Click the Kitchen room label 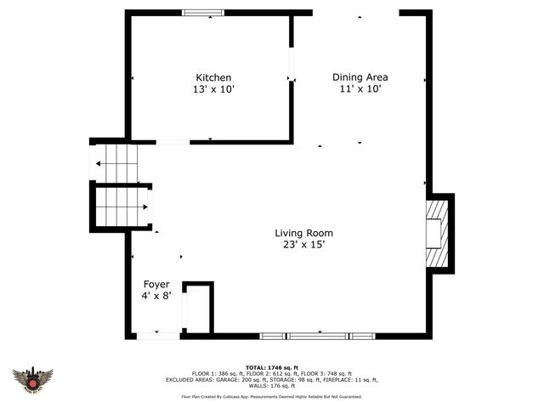[x=213, y=77]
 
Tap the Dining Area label [x=360, y=77]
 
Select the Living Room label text [x=303, y=233]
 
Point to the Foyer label [x=156, y=284]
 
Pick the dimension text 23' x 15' [x=303, y=245]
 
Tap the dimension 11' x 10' [x=360, y=89]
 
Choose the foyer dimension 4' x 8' [x=156, y=296]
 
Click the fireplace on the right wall [x=437, y=233]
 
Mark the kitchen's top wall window [x=204, y=13]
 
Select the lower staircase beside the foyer [x=122, y=207]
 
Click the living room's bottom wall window [x=318, y=336]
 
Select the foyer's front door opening [x=158, y=336]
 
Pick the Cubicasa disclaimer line [x=271, y=397]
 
